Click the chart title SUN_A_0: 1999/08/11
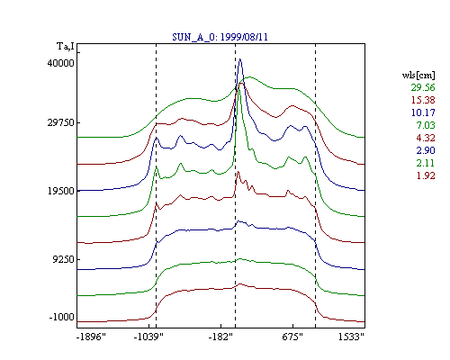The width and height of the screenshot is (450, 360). coord(220,37)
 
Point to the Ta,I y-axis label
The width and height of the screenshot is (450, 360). coord(66,46)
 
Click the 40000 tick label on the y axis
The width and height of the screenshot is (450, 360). coord(61,63)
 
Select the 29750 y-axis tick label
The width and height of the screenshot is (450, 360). coord(61,122)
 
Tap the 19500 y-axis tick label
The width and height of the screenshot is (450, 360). coord(61,191)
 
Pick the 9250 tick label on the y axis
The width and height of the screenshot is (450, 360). coord(63,259)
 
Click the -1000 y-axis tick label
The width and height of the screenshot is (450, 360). coord(62,317)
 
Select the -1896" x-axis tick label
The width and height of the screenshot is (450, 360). coord(91,337)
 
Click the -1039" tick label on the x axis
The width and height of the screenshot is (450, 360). coord(148,337)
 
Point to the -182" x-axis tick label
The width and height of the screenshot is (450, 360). coord(220,337)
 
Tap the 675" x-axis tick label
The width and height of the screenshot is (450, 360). coord(292,337)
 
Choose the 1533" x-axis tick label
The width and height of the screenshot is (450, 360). coord(351,337)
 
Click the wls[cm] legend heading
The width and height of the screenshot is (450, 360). coord(418,75)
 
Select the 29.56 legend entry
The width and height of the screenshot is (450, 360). coord(423,87)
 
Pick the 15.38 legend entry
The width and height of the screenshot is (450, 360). coord(423,100)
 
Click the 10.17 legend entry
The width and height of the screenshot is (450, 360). coord(423,112)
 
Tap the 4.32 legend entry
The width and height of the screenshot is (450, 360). coord(426,138)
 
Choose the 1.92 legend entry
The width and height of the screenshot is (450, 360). coord(426,175)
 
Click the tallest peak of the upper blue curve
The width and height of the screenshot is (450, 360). coord(240,59)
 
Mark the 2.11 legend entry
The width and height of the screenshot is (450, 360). coord(426,163)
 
